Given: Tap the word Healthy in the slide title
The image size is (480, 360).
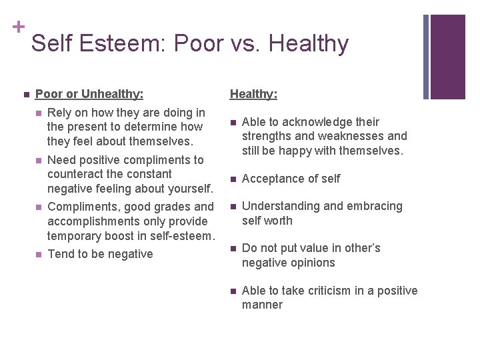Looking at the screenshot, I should [307, 43].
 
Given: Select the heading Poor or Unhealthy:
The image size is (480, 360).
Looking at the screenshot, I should [89, 94].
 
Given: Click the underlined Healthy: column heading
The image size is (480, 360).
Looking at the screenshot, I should [253, 94].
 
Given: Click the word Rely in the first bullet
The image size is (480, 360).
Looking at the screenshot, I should [60, 113].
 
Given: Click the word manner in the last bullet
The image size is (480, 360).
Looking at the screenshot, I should [262, 305].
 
